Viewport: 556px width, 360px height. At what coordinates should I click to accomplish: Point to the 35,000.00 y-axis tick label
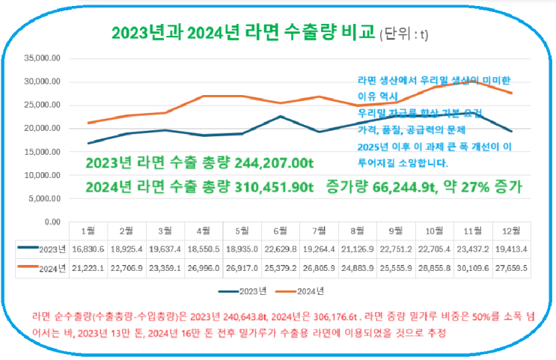tap(43, 58)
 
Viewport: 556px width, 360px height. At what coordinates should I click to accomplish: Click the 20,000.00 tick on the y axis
tap(43, 129)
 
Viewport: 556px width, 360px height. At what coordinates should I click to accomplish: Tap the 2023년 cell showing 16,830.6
tap(88, 248)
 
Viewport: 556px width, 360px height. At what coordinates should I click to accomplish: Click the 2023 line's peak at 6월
tap(280, 116)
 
